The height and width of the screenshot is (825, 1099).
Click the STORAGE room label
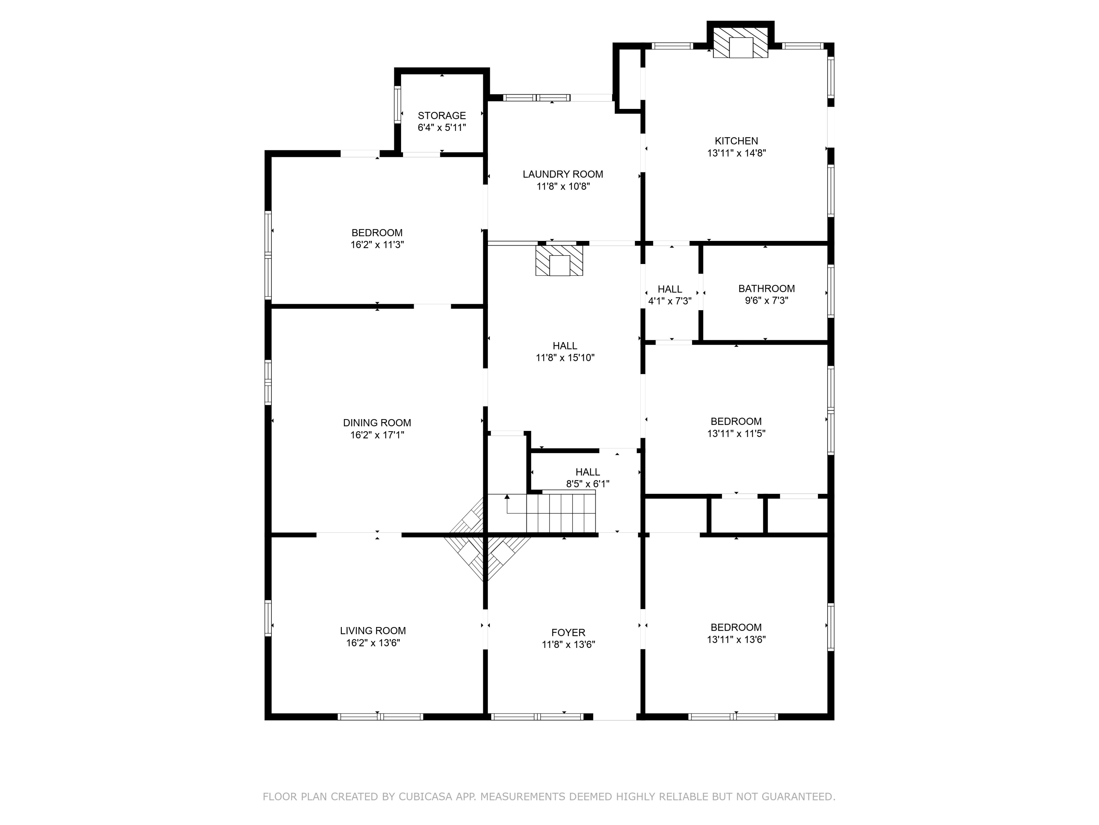442,115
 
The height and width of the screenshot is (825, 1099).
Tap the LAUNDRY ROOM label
563,174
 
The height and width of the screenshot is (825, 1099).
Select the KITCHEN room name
736,141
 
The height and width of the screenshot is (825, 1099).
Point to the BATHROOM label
766,289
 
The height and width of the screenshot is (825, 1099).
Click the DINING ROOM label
377,423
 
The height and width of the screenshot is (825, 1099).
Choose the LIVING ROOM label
373,631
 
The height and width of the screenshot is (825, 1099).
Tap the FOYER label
569,632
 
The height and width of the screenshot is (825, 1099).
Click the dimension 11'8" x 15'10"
565,357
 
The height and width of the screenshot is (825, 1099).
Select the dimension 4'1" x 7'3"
670,301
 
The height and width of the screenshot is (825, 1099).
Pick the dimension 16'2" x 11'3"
377,245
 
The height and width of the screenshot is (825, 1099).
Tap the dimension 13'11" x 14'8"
736,153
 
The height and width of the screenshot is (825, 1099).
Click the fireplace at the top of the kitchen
740,42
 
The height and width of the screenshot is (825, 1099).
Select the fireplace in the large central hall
559,260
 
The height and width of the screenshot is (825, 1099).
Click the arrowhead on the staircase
507,497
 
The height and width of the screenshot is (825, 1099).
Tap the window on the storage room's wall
397,104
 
